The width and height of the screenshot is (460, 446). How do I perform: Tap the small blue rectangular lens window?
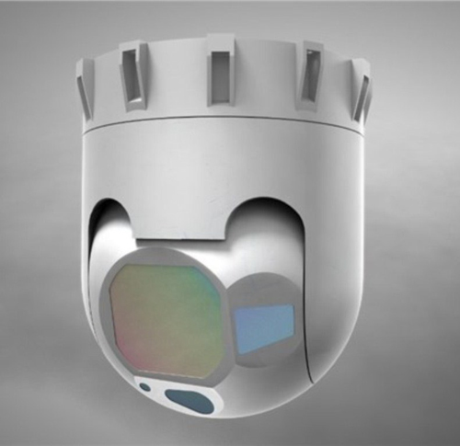pyautogui.click(x=263, y=323)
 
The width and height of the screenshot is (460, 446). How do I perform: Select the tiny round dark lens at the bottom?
pyautogui.click(x=144, y=387)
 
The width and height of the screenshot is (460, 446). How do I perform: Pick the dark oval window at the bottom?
pyautogui.click(x=190, y=401)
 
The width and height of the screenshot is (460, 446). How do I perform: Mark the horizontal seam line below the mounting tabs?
pyautogui.click(x=221, y=123)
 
